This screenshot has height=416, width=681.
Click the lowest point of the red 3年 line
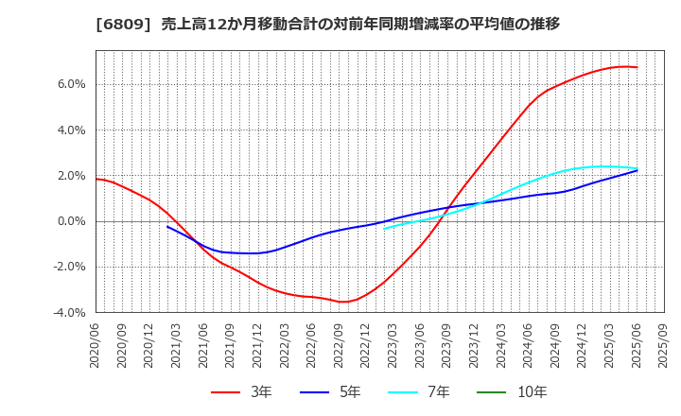pos(344,302)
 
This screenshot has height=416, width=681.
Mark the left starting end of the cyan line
pos(384,229)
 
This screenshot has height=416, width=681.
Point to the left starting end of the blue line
pos(167,226)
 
